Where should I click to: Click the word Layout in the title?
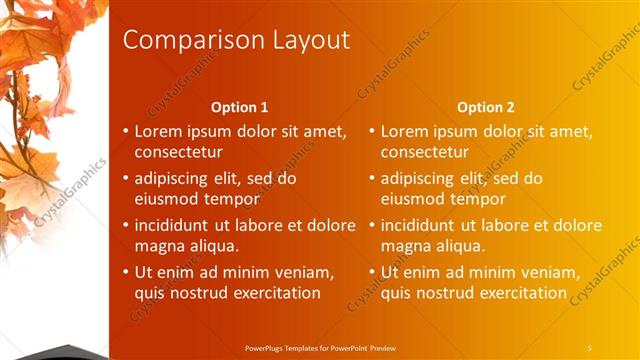[309, 40]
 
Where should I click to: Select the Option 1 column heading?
[240, 107]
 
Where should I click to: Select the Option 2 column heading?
[486, 107]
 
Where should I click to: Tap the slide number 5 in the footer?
[590, 347]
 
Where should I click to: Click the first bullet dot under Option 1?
[125, 132]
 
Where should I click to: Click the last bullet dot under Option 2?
[371, 272]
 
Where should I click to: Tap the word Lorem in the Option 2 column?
[403, 132]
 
